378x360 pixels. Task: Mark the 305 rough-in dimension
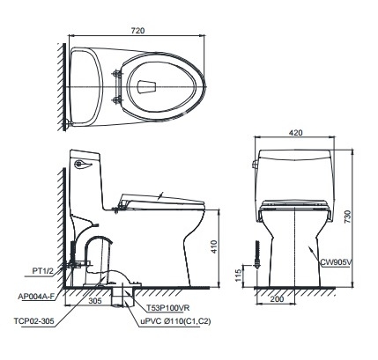pos(94,299)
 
